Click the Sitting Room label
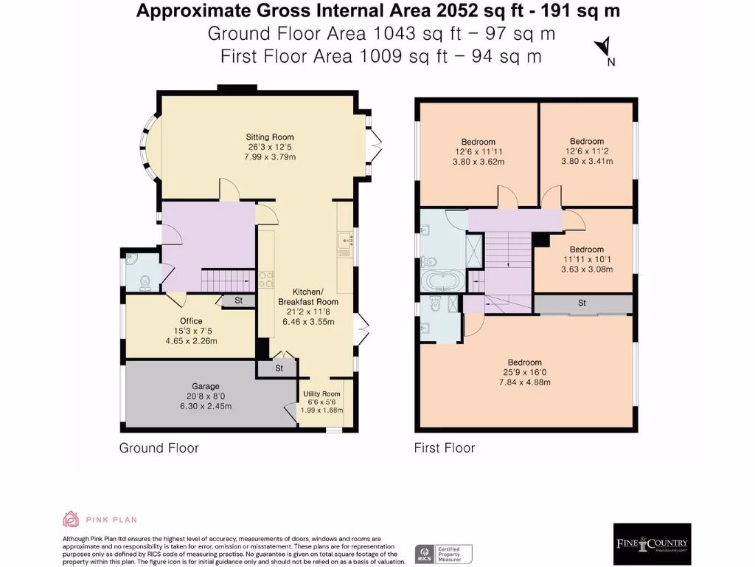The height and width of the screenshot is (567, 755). tap(270, 137)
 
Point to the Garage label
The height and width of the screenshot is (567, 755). tap(206, 386)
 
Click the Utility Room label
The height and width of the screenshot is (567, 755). tap(321, 394)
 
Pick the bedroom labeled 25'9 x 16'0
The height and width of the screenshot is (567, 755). tap(524, 362)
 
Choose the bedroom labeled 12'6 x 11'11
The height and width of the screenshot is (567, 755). tap(478, 142)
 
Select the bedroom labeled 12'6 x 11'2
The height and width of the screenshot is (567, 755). tap(586, 141)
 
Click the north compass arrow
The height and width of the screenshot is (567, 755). tap(602, 47)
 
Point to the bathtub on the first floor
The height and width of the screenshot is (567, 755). tap(441, 281)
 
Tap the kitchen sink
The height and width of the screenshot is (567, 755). tap(344, 240)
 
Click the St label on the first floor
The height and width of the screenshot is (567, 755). tap(582, 303)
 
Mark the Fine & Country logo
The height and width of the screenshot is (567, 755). tap(652, 543)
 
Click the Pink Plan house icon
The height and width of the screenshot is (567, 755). tap(71, 519)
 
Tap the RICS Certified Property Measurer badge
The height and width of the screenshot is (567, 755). tap(444, 554)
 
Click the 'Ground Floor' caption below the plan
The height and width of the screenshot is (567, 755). tap(159, 447)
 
